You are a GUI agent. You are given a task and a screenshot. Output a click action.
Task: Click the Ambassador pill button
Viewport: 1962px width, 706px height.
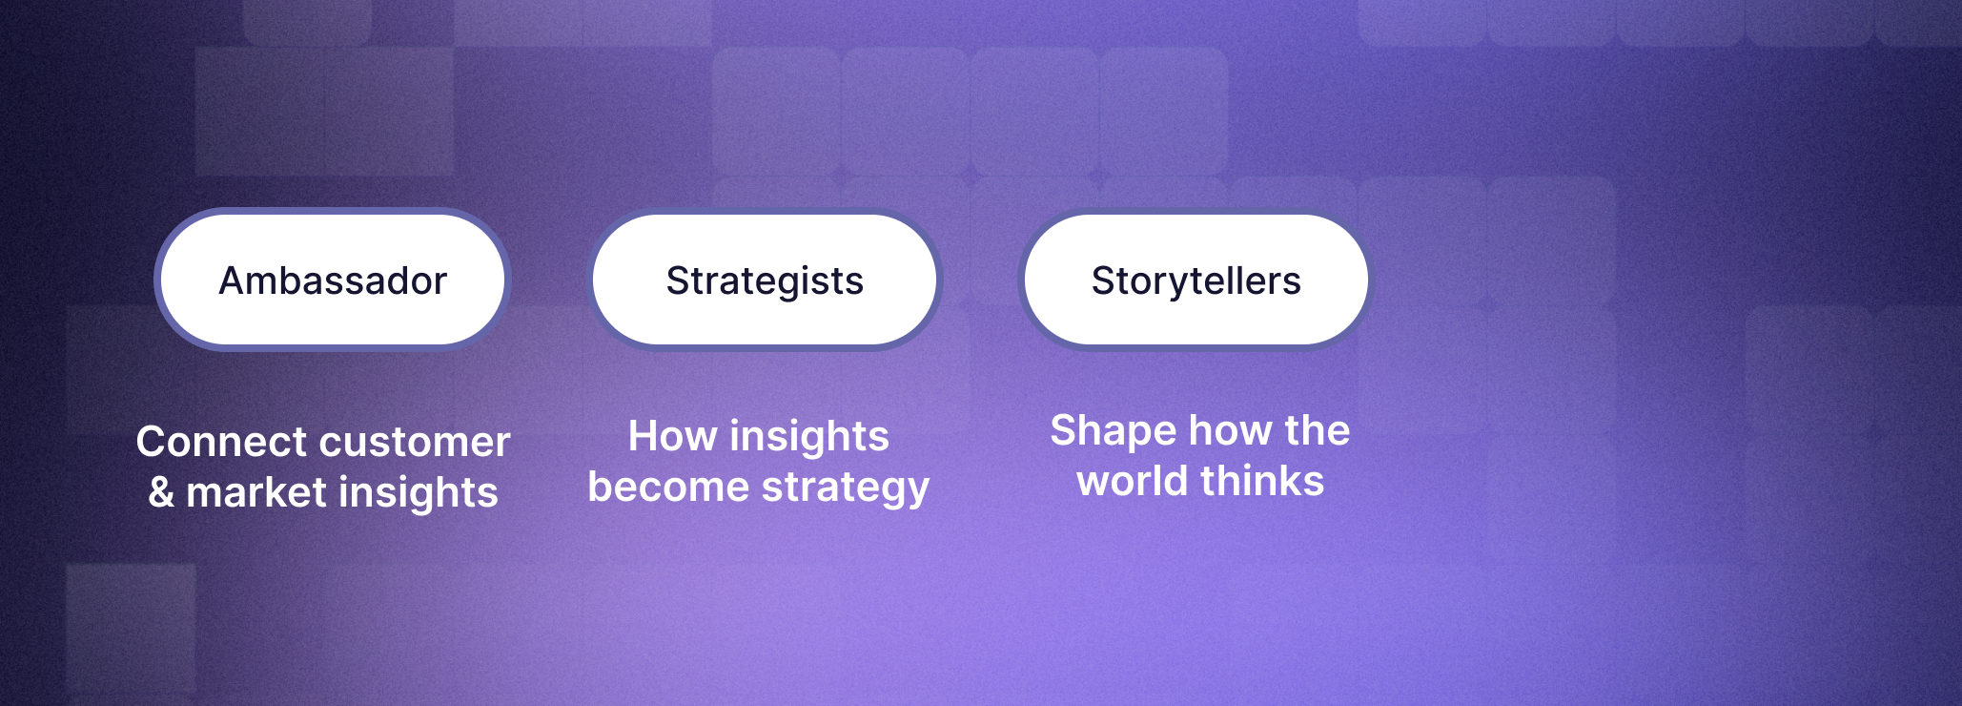pyautogui.click(x=333, y=280)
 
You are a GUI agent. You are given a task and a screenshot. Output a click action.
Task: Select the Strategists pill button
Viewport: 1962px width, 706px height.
pyautogui.click(x=765, y=280)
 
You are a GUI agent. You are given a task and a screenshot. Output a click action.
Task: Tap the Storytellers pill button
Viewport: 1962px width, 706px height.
pyautogui.click(x=1196, y=280)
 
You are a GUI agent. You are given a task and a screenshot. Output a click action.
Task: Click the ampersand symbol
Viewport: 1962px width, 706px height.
pyautogui.click(x=161, y=492)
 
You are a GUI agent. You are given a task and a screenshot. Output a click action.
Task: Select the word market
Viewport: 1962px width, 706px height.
pyautogui.click(x=257, y=492)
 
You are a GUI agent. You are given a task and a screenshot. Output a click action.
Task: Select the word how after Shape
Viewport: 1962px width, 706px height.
pyautogui.click(x=1224, y=430)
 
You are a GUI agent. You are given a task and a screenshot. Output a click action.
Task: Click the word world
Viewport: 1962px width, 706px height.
pyautogui.click(x=1133, y=481)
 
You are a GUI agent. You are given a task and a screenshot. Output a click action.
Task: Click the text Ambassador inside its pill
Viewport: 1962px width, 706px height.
pyautogui.click(x=333, y=280)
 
